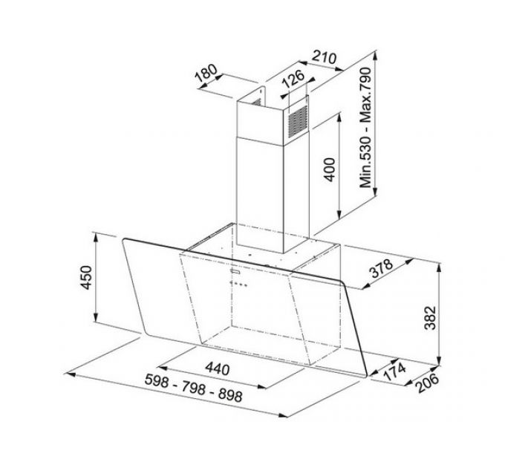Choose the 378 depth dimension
[x=381, y=275]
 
